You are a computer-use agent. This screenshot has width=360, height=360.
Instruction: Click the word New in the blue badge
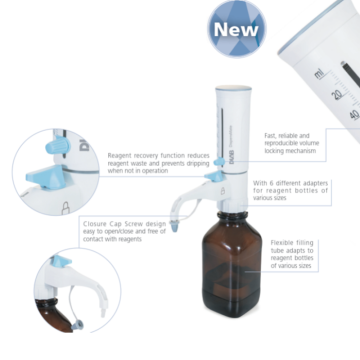pos(235,31)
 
